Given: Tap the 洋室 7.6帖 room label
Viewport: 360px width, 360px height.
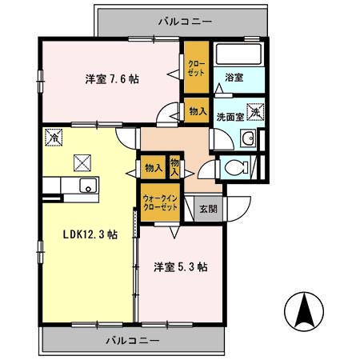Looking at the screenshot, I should [x=113, y=79].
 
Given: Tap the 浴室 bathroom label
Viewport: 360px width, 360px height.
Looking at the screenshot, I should [x=234, y=78].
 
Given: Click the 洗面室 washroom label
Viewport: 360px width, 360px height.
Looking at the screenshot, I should [x=229, y=117].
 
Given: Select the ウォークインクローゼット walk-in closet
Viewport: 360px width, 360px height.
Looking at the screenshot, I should [x=160, y=202].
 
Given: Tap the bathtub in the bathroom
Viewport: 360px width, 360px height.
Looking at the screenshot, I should [x=239, y=54].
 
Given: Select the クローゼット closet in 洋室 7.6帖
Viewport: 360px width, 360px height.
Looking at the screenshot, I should [x=194, y=67].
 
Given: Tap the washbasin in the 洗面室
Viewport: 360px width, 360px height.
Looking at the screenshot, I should [x=249, y=137].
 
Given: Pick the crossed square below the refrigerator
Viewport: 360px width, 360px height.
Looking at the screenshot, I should [x=82, y=162].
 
